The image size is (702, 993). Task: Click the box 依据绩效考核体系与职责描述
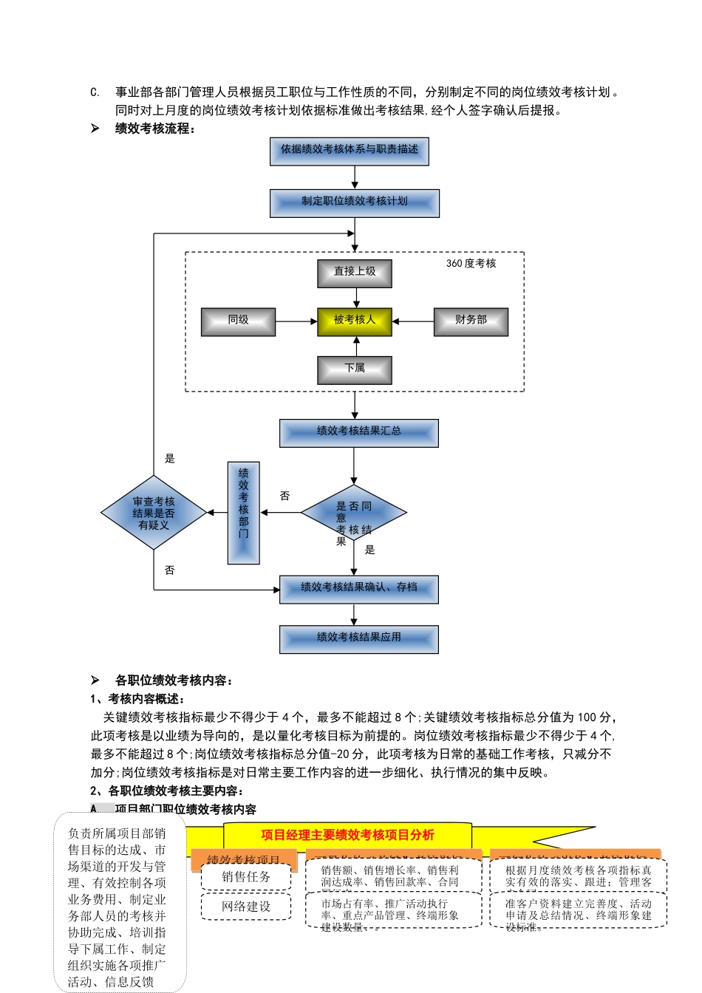pos(349,151)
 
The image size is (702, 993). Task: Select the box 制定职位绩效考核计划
pos(355,202)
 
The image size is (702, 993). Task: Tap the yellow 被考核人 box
pos(355,321)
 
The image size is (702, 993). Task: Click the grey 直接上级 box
pos(355,273)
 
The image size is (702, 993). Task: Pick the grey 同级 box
pos(238,321)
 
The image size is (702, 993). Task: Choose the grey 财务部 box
pos(471,321)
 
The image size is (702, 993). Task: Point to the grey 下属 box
pos(355,369)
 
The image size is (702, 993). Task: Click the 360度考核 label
pos(471,264)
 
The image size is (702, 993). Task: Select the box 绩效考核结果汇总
pos(358,432)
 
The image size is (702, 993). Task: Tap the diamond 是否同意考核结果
pos(354,513)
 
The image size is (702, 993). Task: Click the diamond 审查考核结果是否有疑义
pos(154,513)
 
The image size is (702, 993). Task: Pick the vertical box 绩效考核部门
pos(243,513)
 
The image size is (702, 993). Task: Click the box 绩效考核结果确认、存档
pos(358,589)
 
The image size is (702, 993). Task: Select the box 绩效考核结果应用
pos(358,638)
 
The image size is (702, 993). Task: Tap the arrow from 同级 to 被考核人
pos(296,321)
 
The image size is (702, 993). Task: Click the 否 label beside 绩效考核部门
pos(284,496)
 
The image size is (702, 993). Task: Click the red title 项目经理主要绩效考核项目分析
pos(347,835)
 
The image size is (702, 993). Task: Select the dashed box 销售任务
pos(247,877)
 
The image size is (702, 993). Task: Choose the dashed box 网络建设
pos(247,907)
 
